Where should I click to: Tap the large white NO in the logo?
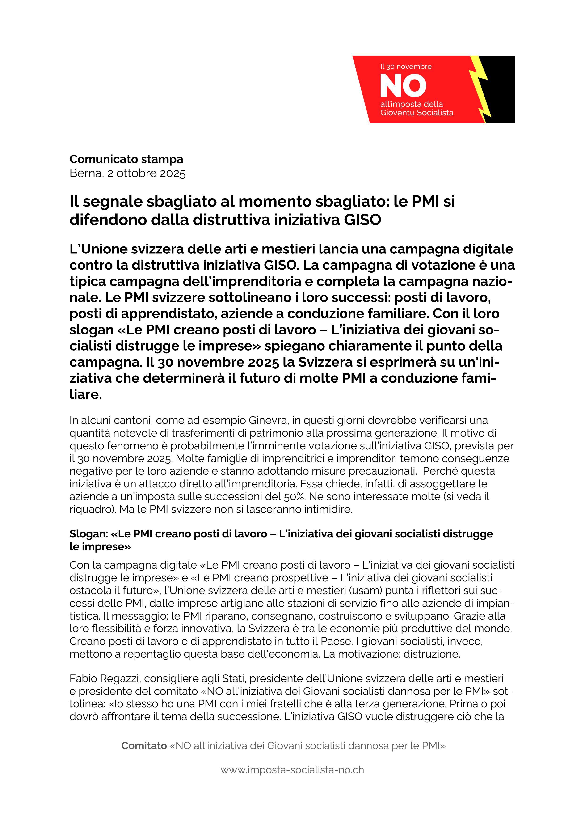click(403, 86)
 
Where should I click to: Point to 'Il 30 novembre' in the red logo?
click(406, 67)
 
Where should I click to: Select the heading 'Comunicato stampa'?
click(126, 159)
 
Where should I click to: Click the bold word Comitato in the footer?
click(144, 745)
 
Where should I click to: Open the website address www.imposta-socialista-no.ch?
click(292, 770)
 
